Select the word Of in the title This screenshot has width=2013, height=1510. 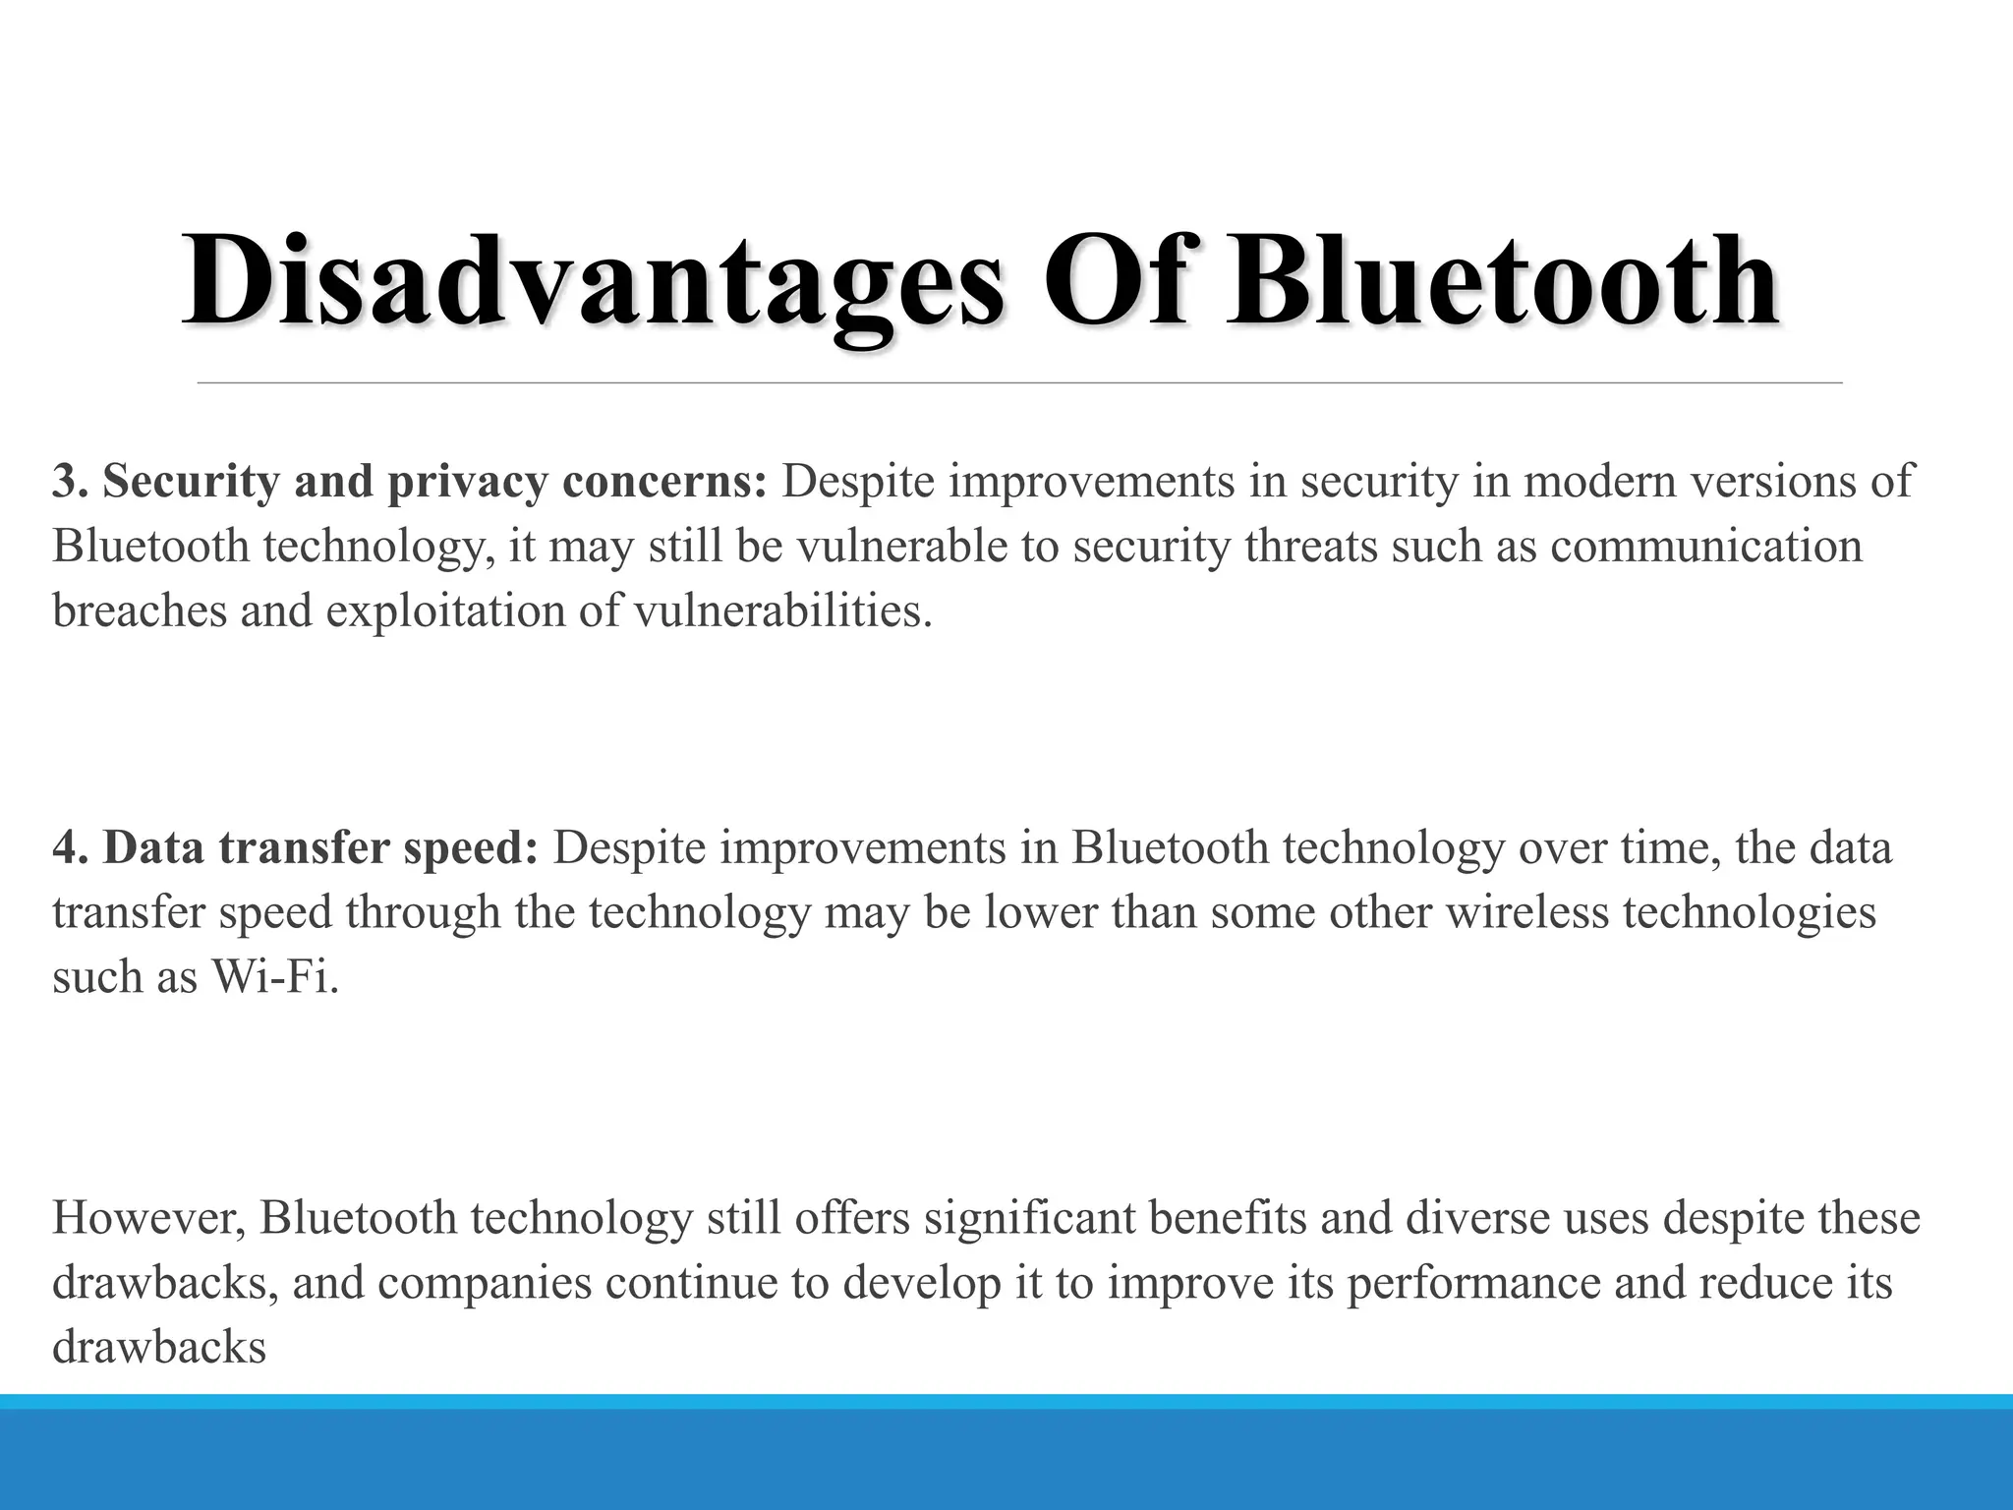pyautogui.click(x=1115, y=281)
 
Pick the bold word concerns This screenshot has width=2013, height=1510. pyautogui.click(x=663, y=482)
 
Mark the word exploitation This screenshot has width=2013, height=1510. pyautogui.click(x=444, y=612)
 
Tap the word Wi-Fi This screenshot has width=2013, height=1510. pyautogui.click(x=275, y=977)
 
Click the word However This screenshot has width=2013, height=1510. pyautogui.click(x=147, y=1219)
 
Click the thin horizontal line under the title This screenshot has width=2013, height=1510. pyautogui.click(x=1019, y=382)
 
